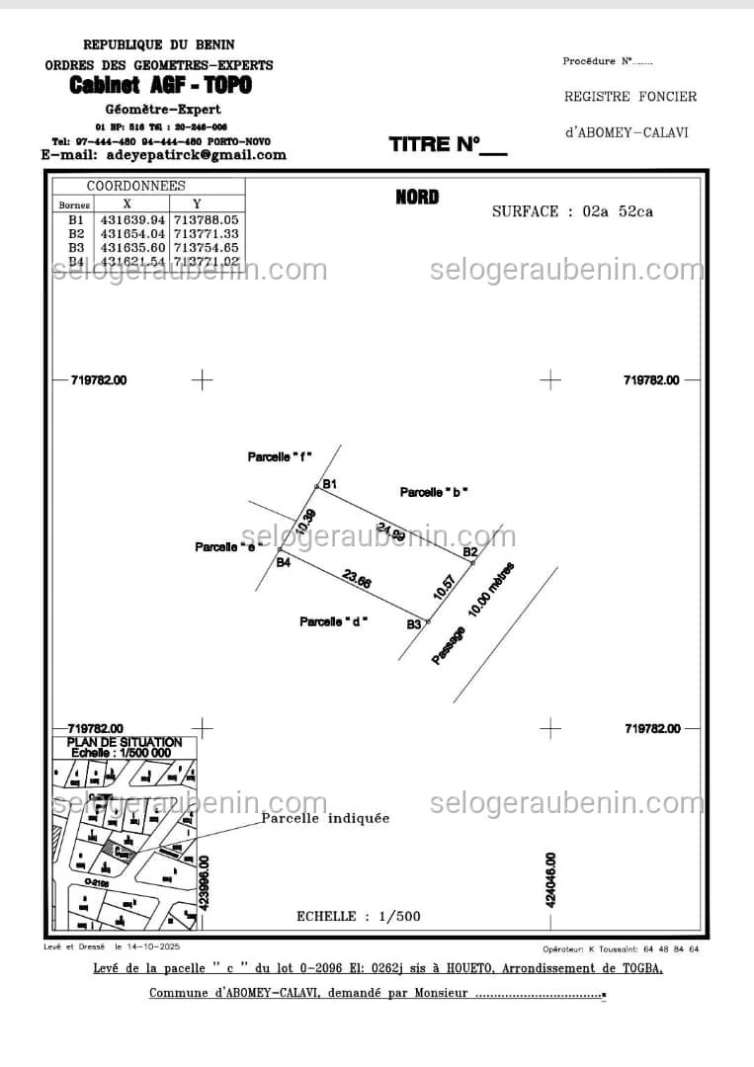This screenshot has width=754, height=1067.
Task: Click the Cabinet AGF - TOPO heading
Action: click(x=160, y=86)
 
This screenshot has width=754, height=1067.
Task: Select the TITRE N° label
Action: click(x=447, y=145)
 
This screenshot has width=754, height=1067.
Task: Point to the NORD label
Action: click(x=417, y=197)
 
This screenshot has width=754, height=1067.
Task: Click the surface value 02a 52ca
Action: click(x=618, y=211)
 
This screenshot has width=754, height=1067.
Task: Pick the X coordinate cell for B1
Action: click(x=132, y=219)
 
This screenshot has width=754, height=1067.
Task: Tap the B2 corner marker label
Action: click(x=471, y=551)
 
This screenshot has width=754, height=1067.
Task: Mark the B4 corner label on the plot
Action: click(x=284, y=562)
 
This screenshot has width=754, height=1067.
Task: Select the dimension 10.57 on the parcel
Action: click(x=446, y=588)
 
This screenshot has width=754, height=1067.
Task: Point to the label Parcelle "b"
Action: click(x=434, y=492)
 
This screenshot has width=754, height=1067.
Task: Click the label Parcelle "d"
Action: click(x=334, y=621)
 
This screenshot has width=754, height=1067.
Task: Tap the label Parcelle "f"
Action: click(x=280, y=456)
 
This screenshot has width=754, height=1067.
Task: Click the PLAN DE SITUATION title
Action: click(x=125, y=742)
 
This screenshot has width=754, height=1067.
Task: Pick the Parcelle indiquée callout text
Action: click(x=325, y=818)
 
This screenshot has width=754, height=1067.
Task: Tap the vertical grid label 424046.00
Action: click(x=550, y=879)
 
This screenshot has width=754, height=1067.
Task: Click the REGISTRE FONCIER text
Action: click(x=630, y=97)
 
